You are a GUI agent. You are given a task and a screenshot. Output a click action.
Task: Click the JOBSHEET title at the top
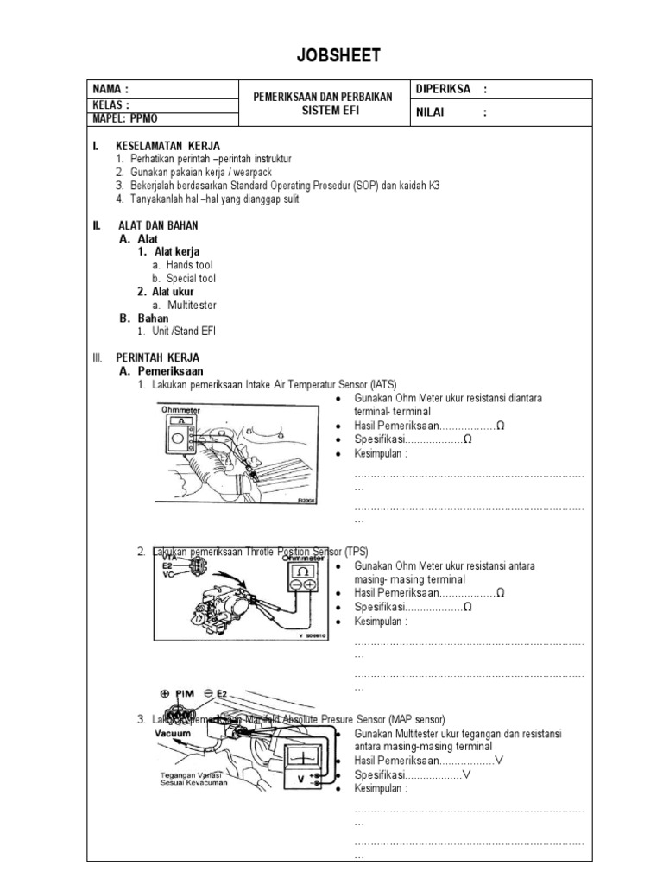tap(331, 56)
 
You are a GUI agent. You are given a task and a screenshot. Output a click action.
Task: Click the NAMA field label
tap(111, 89)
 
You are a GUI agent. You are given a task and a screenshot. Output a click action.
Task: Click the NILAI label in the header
tap(436, 111)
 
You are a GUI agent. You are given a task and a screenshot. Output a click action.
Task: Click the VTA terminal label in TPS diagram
tap(168, 558)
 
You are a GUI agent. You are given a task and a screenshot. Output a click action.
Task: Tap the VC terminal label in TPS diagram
tap(167, 576)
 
